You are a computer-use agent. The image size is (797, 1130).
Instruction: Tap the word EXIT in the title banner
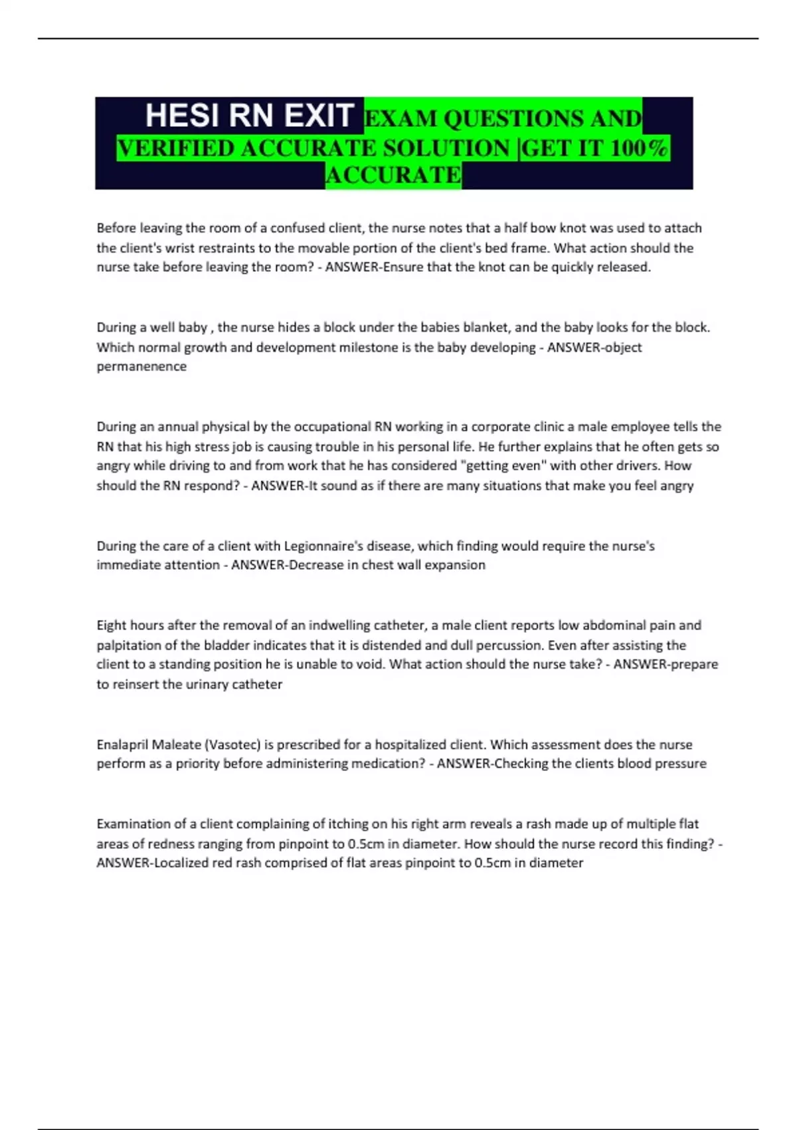[x=318, y=115]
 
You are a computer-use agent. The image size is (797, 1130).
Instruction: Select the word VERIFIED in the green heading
[x=175, y=148]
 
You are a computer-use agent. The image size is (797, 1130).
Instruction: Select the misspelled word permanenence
[x=141, y=366]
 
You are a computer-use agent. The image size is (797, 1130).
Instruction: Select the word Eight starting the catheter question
[x=110, y=625]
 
